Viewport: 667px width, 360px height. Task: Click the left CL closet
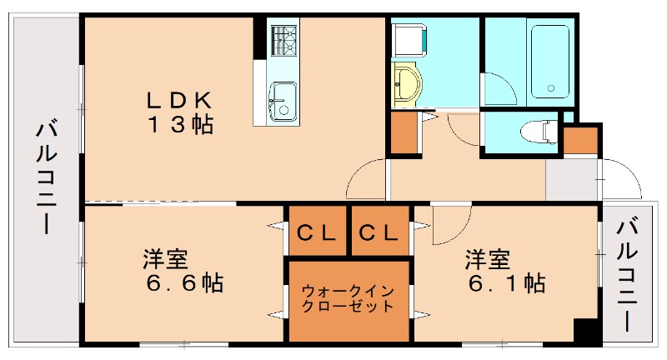(317, 233)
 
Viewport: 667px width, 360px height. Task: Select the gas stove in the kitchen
(283, 40)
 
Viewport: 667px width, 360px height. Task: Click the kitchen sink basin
(281, 102)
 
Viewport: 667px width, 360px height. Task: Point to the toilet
(539, 132)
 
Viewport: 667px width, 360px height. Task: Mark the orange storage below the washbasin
(404, 132)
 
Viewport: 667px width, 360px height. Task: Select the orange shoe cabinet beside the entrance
(581, 140)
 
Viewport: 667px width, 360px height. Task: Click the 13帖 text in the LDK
(181, 125)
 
